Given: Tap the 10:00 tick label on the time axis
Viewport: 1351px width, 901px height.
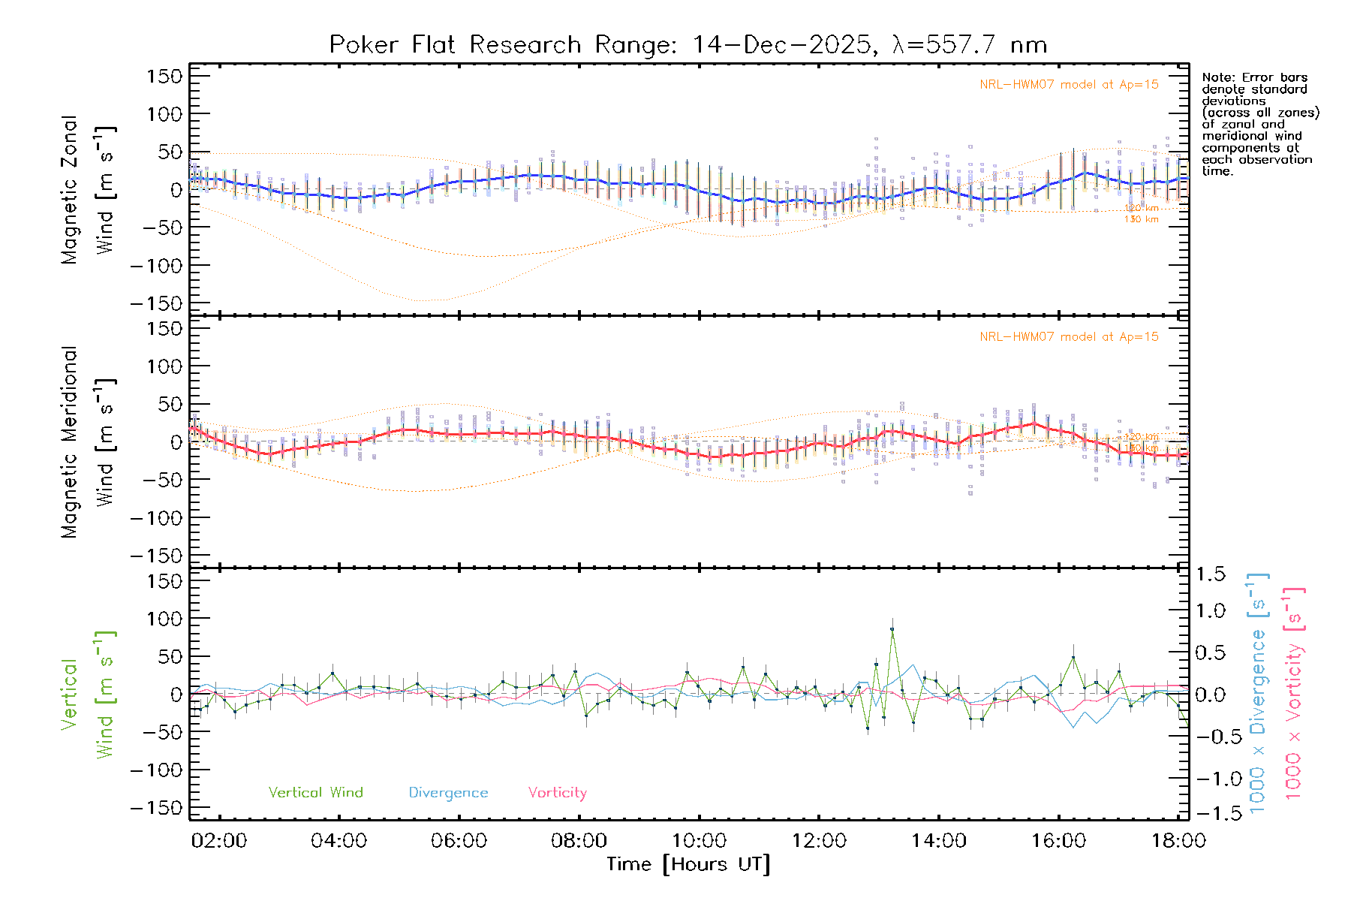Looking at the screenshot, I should pyautogui.click(x=699, y=841).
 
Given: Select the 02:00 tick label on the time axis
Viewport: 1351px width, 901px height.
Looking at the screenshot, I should pyautogui.click(x=219, y=841).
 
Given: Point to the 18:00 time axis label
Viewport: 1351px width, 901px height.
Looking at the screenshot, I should pyautogui.click(x=1178, y=841).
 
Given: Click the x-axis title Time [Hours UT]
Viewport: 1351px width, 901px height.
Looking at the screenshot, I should pyautogui.click(x=688, y=865).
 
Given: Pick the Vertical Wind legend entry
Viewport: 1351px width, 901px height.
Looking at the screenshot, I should pyautogui.click(x=315, y=793).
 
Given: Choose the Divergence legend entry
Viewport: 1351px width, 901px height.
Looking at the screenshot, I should pyautogui.click(x=448, y=793).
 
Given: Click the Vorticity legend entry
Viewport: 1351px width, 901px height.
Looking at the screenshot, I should pyautogui.click(x=557, y=793).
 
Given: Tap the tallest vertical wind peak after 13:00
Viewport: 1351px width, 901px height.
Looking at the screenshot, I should pyautogui.click(x=892, y=629).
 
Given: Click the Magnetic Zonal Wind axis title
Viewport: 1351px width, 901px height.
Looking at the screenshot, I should pyautogui.click(x=88, y=190).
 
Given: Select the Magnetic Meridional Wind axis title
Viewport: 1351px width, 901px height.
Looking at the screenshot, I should pyautogui.click(x=88, y=442).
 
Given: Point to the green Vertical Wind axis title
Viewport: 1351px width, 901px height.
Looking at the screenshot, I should pyautogui.click(x=88, y=695).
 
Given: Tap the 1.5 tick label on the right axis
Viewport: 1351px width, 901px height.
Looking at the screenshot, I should pyautogui.click(x=1210, y=574).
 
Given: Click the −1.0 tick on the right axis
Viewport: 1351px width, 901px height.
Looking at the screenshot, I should pyautogui.click(x=1210, y=779).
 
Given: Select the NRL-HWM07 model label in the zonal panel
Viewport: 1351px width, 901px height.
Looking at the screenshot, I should pyautogui.click(x=1069, y=85).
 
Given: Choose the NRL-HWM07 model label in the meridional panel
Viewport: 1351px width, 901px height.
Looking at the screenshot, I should pyautogui.click(x=1069, y=337).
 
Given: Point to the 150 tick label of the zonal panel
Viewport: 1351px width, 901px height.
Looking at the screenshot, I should pyautogui.click(x=165, y=77).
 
